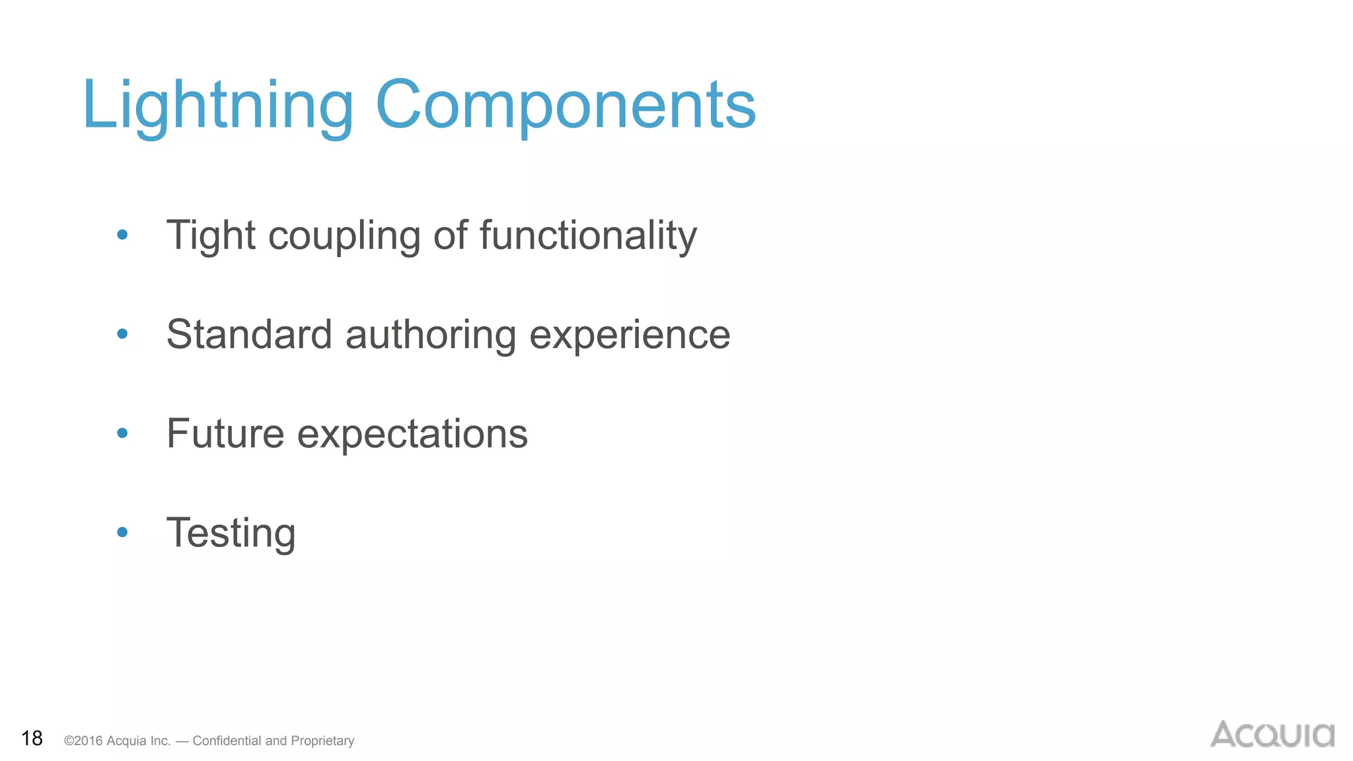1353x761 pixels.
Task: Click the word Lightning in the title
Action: (218, 106)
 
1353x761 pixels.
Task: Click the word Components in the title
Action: (566, 106)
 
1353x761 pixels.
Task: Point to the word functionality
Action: (588, 236)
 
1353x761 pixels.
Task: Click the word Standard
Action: (249, 334)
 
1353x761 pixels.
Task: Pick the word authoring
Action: (431, 336)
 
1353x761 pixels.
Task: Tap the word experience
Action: (630, 336)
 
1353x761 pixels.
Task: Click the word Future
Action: (225, 434)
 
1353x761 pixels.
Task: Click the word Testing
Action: (231, 534)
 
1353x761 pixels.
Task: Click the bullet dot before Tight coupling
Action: (122, 235)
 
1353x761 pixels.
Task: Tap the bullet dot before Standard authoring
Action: (122, 334)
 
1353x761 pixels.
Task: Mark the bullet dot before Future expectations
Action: (122, 433)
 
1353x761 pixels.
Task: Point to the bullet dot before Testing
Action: (122, 532)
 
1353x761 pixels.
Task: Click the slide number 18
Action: (32, 739)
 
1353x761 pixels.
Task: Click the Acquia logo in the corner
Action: (1272, 735)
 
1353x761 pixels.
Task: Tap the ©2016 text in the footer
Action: (83, 741)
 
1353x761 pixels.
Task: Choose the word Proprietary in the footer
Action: (322, 741)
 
